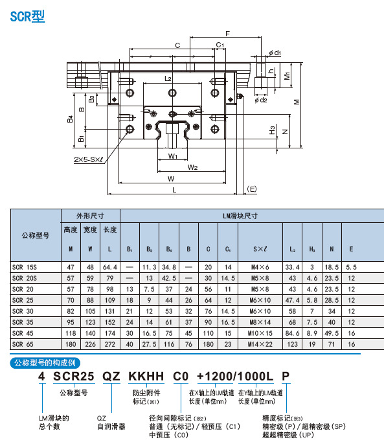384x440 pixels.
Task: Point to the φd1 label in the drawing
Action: click(275, 52)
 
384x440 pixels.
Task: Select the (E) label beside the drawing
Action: click(253, 189)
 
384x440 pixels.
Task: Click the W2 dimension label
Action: click(192, 167)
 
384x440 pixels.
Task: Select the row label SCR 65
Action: click(24, 344)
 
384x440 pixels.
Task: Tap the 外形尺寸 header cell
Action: click(91, 216)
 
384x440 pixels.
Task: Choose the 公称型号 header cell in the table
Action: click(35, 235)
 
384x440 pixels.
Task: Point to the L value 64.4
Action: click(109, 267)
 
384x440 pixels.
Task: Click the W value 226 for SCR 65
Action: click(90, 344)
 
